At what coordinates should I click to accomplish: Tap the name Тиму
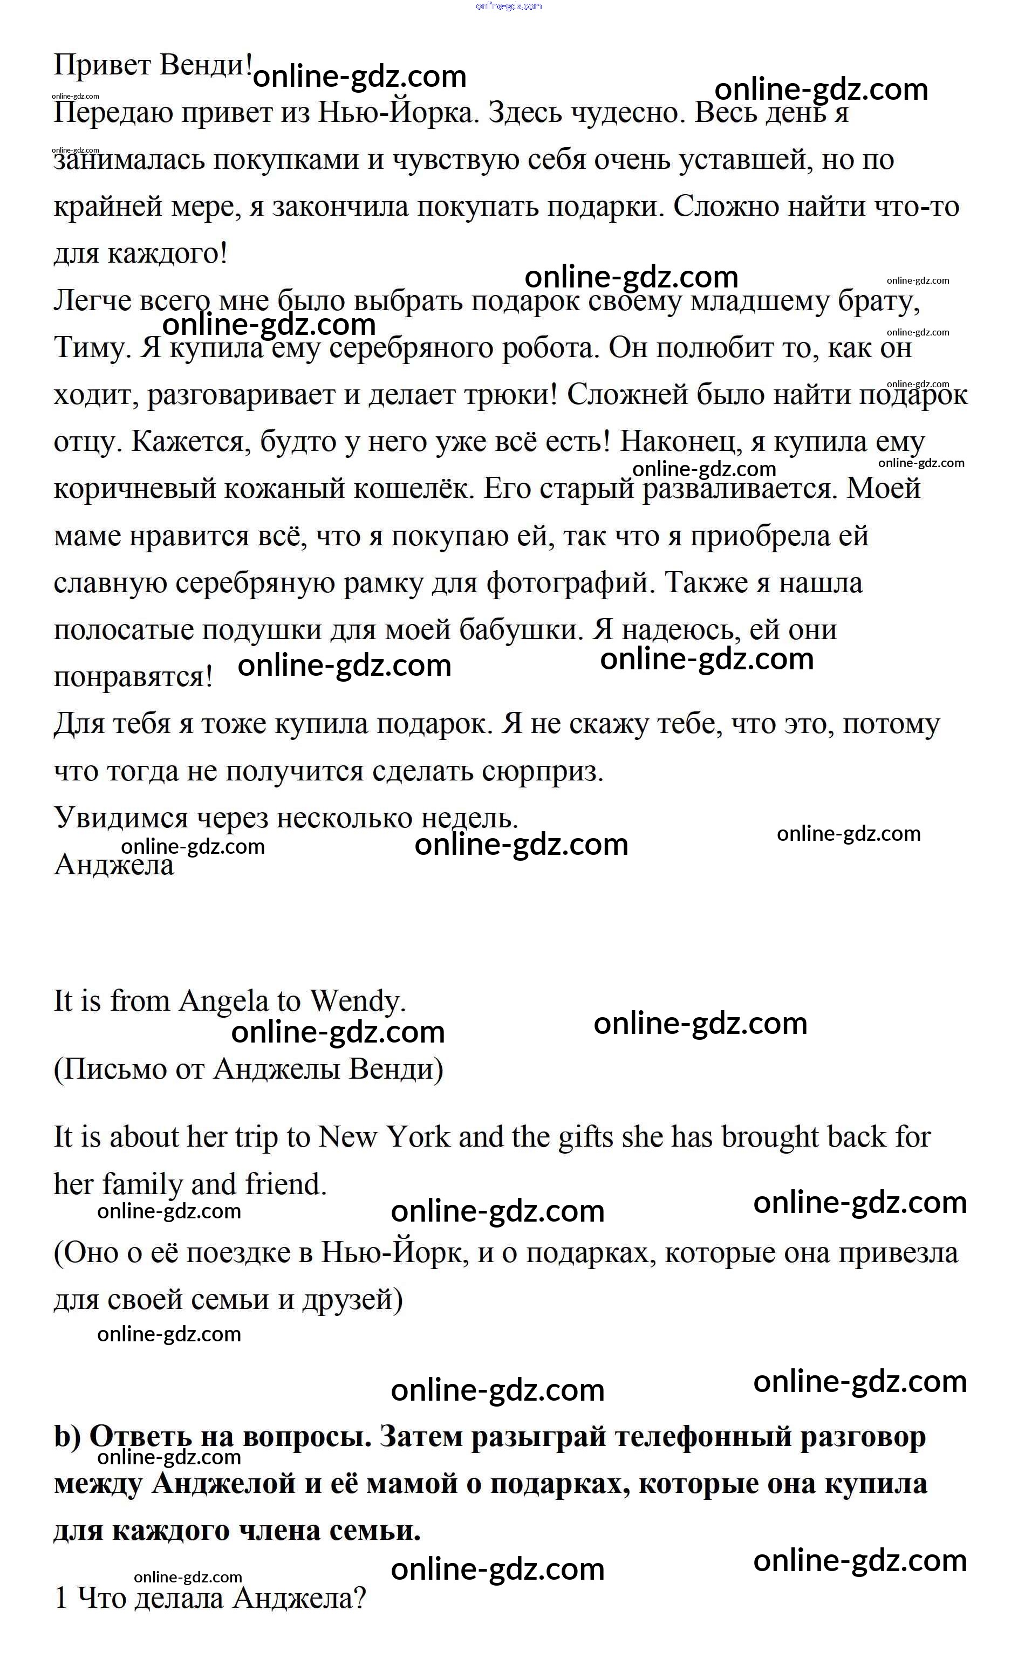coord(92,348)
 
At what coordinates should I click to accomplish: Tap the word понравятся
coord(133,677)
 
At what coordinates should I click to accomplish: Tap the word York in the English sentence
coord(419,1138)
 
